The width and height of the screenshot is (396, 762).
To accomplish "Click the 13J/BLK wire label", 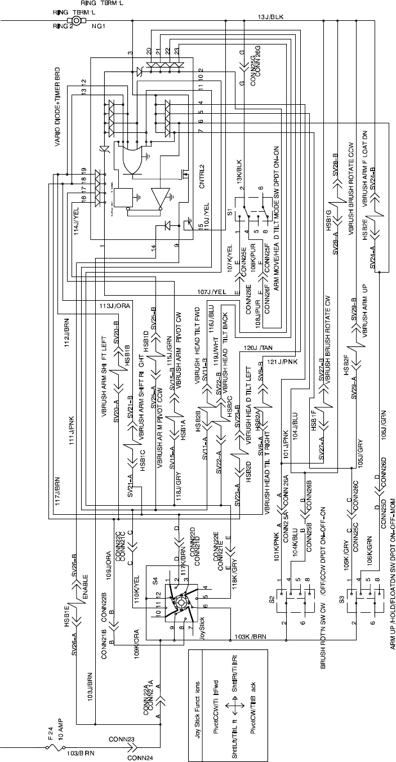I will (x=272, y=17).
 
